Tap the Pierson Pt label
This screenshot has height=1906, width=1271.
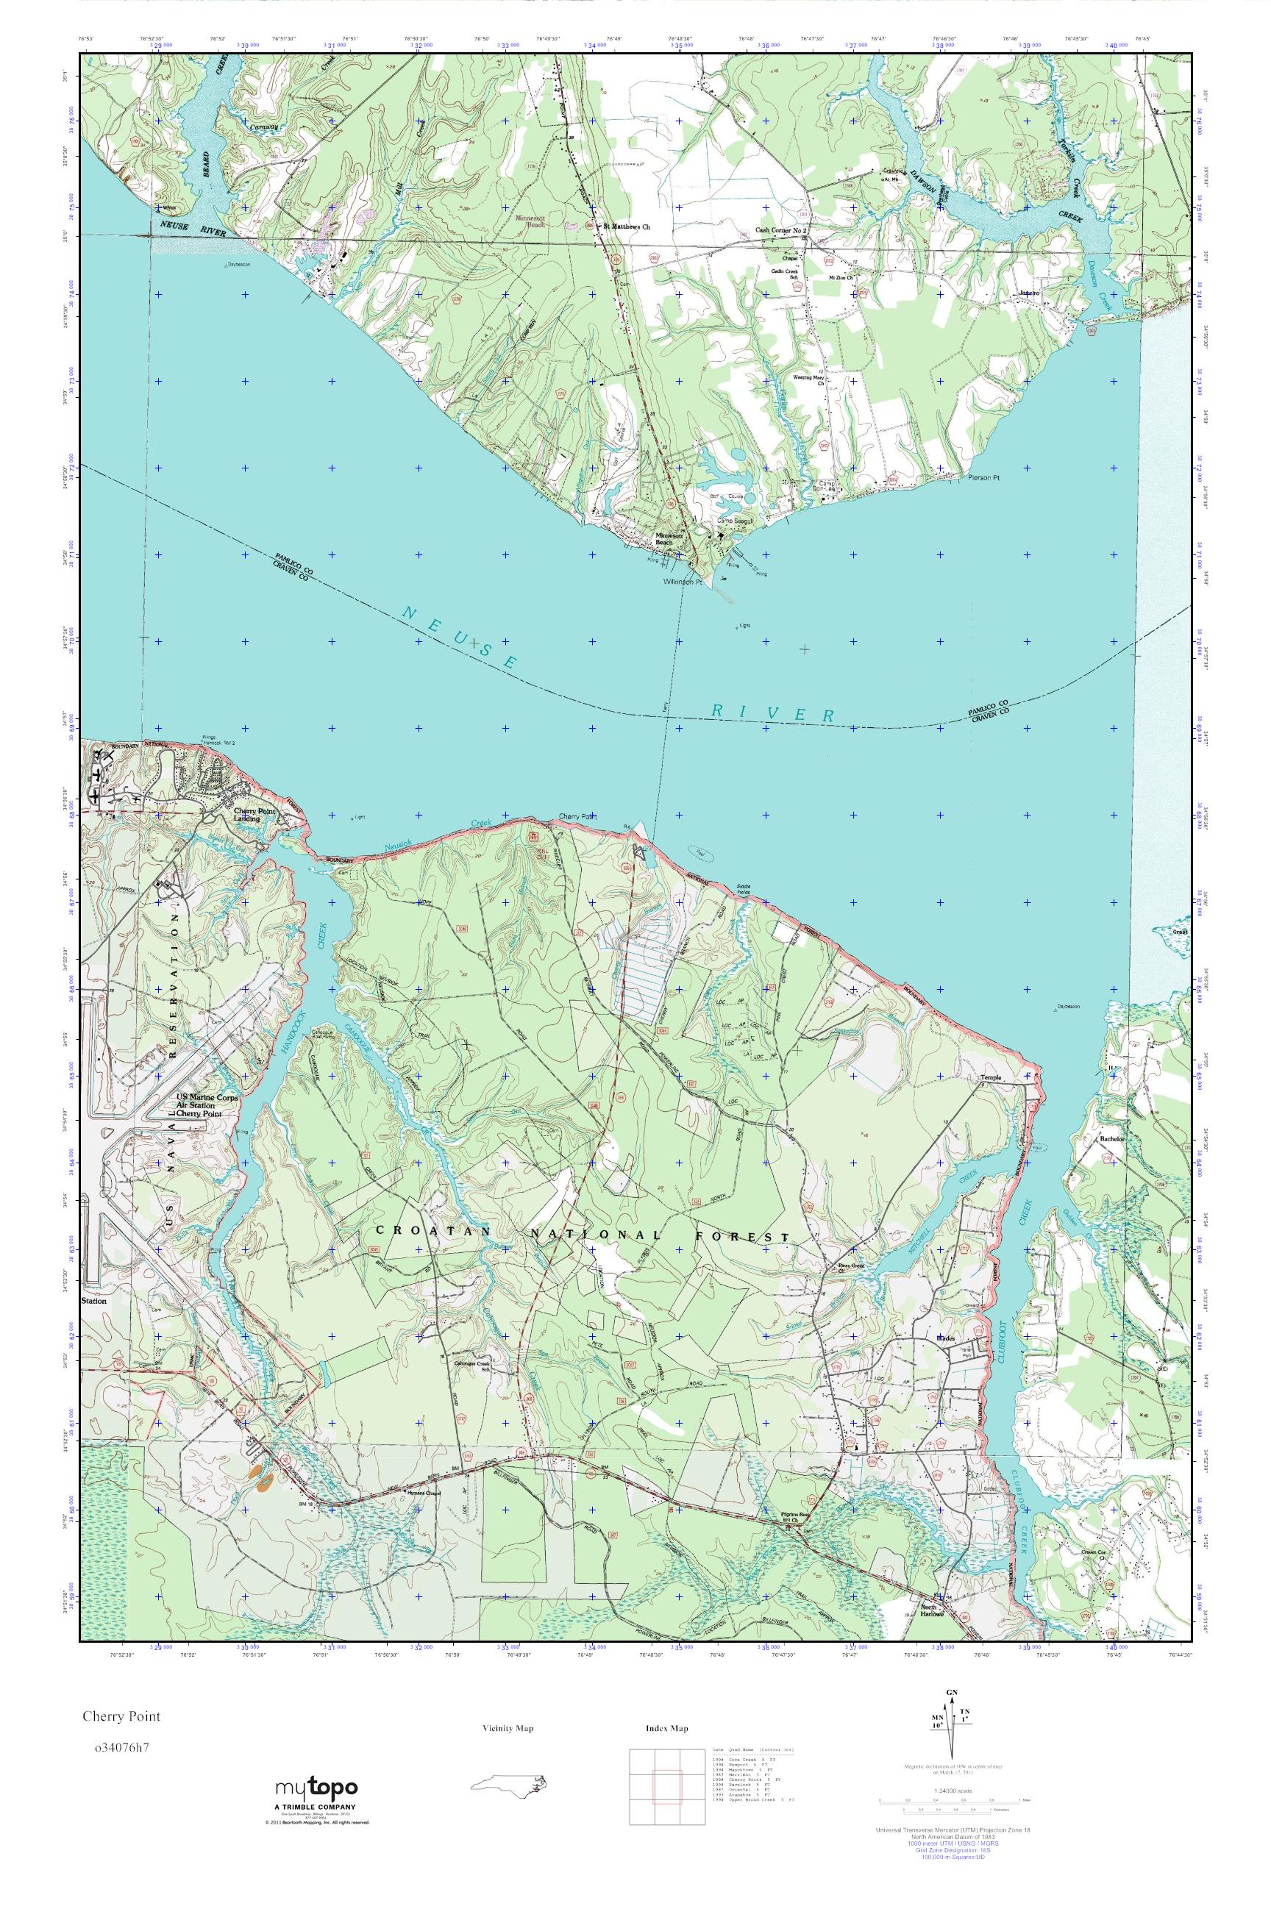click(985, 478)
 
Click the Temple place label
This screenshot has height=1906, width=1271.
click(991, 1078)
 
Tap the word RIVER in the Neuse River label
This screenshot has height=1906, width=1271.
click(772, 713)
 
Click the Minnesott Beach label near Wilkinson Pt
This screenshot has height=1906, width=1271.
click(669, 539)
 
